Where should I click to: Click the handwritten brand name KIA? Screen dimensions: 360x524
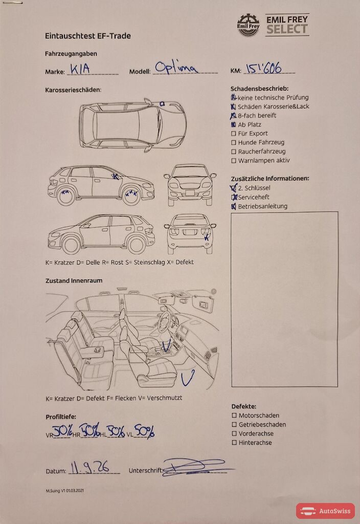pos(80,69)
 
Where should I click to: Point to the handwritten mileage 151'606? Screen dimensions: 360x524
pos(264,69)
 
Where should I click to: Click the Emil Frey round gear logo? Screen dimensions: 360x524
pos(248,25)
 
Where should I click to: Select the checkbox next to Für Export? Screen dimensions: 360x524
pos(233,134)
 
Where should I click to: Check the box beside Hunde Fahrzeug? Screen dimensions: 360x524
pos(233,143)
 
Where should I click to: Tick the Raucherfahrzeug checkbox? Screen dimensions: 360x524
pos(233,151)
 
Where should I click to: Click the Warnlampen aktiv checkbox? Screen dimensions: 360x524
pos(233,161)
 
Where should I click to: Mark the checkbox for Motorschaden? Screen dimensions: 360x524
pos(234,416)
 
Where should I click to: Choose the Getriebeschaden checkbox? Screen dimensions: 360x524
pos(234,424)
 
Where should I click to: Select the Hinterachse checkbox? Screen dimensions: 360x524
pos(234,443)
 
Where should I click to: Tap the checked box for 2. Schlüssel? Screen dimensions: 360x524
pos(233,188)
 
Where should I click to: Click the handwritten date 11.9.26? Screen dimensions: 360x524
pos(90,467)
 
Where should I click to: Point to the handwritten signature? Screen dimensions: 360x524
pos(197,467)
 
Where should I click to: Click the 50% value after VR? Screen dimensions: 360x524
pos(62,431)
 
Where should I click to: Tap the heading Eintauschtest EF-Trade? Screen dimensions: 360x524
pos(88,36)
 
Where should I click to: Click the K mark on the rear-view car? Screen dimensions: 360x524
pos(207,237)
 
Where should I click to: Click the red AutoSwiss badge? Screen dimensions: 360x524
pos(325,511)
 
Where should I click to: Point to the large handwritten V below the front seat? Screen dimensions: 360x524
pos(188,378)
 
